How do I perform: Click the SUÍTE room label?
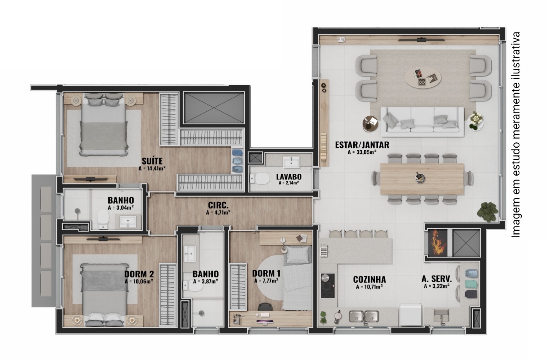[152, 161]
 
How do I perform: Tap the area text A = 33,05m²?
[362, 152]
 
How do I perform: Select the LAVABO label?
[289, 176]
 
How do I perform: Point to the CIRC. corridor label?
[218, 205]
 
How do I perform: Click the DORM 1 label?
[266, 274]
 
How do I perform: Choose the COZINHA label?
[369, 279]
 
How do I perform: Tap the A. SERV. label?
[437, 279]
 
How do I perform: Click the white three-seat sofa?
[423, 122]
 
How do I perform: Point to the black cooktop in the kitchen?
[328, 285]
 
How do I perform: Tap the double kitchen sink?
[364, 316]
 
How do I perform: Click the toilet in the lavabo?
[260, 179]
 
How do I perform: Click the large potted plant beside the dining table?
[487, 212]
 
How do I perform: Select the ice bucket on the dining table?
[419, 178]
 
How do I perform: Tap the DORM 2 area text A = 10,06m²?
[139, 281]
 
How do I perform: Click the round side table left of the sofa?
[370, 123]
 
